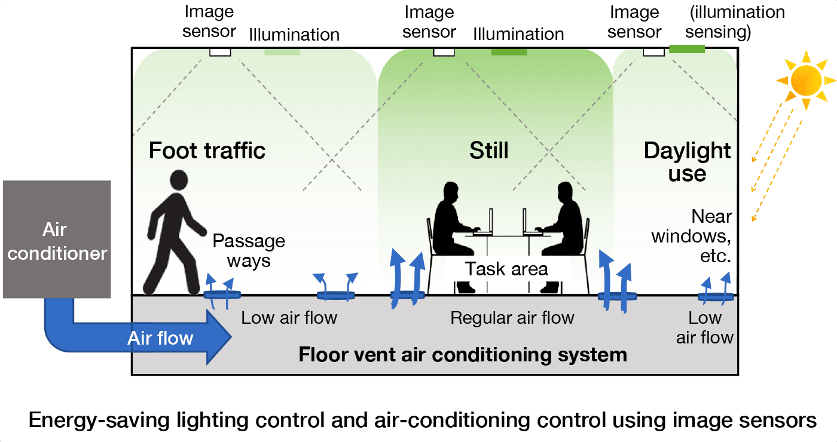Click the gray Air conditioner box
tap(57, 239)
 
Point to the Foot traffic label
tap(207, 150)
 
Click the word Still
tap(488, 150)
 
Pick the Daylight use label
tap(688, 162)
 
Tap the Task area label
tap(506, 269)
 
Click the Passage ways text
tap(249, 251)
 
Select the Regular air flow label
tap(512, 318)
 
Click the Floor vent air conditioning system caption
tap(463, 355)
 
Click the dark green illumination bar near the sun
tap(687, 49)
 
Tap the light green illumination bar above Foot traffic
tap(282, 51)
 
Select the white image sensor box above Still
tap(444, 52)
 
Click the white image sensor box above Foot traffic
tap(220, 52)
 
